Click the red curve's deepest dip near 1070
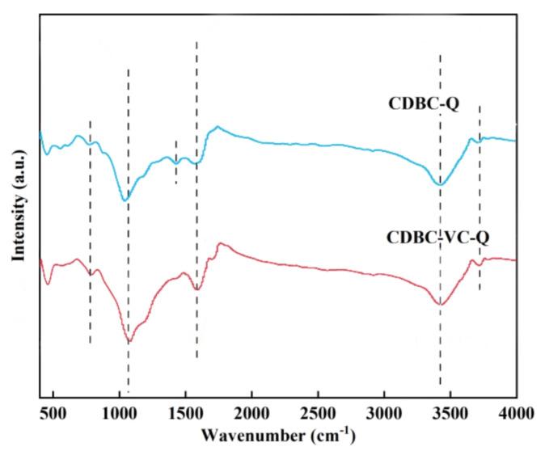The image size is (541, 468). [129, 341]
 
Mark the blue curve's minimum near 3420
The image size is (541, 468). [439, 185]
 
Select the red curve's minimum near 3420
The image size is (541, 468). [440, 304]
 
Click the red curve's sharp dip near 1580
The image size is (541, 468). [197, 289]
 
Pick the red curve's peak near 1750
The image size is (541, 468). [218, 243]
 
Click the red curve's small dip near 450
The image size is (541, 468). [48, 284]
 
